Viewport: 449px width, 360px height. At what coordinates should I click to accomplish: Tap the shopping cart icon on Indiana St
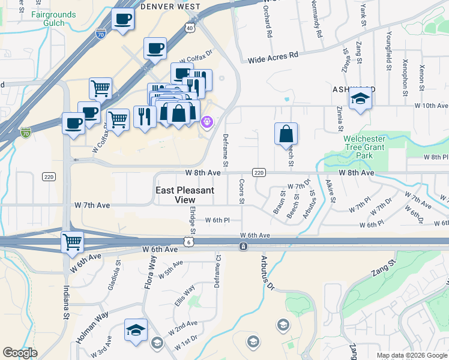(x=73, y=242)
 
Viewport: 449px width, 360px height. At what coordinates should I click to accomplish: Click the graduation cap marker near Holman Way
(x=136, y=330)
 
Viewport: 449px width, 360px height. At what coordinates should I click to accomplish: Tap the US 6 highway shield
(x=188, y=241)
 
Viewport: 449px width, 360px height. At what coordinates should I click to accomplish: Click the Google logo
(x=20, y=353)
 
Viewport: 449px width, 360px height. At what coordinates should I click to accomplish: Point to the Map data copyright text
(x=411, y=355)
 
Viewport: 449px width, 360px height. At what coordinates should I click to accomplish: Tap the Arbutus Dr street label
(x=266, y=272)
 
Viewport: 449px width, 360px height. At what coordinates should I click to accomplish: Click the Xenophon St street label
(x=406, y=79)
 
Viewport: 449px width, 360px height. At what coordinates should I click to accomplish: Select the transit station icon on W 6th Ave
(x=243, y=246)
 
